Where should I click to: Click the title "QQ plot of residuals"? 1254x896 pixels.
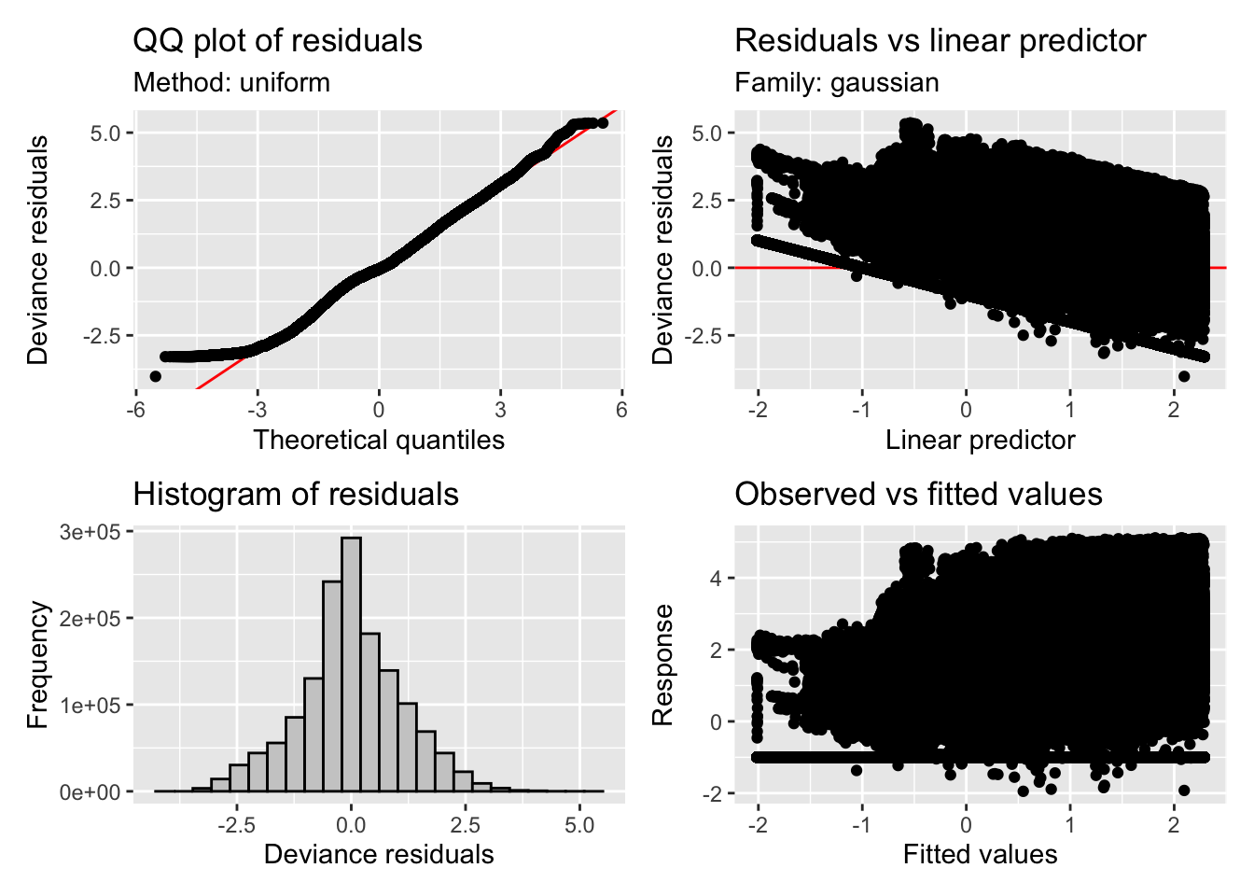click(x=277, y=41)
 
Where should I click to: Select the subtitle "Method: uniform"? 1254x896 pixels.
click(x=231, y=83)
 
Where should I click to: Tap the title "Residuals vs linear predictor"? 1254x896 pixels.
click(x=940, y=41)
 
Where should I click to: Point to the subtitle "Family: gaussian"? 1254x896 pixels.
click(x=836, y=83)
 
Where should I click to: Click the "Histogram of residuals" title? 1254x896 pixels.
click(x=295, y=495)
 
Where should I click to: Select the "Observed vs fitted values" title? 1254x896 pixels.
click(x=918, y=495)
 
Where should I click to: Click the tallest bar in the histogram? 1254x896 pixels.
click(x=351, y=664)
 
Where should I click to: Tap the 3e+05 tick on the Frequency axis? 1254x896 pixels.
click(x=90, y=532)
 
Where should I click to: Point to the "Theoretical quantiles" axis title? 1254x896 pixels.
click(x=378, y=440)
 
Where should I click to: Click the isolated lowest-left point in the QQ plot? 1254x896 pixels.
click(x=155, y=376)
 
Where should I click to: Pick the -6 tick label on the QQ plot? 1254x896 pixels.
click(x=135, y=410)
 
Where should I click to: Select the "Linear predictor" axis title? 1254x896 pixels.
click(x=980, y=440)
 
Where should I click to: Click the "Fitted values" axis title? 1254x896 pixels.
click(x=980, y=854)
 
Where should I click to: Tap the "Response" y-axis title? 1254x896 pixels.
click(x=662, y=665)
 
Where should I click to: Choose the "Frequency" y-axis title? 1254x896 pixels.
click(x=37, y=665)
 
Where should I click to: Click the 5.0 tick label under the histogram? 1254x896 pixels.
click(x=579, y=825)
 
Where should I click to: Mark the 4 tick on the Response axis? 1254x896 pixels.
click(x=716, y=579)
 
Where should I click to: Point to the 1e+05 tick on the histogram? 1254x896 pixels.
click(x=90, y=706)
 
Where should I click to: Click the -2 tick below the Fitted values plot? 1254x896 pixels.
click(x=758, y=825)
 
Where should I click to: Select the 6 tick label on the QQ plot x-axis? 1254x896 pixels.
click(x=621, y=410)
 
